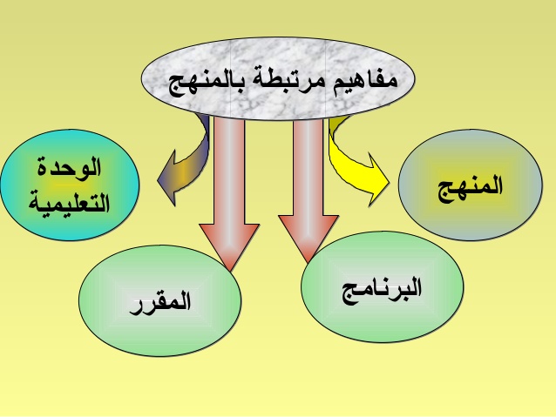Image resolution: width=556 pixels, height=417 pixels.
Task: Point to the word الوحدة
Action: [x=71, y=166]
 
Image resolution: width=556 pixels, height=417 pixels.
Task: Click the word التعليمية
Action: [x=71, y=204]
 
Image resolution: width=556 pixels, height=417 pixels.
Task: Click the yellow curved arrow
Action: [x=349, y=157]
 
